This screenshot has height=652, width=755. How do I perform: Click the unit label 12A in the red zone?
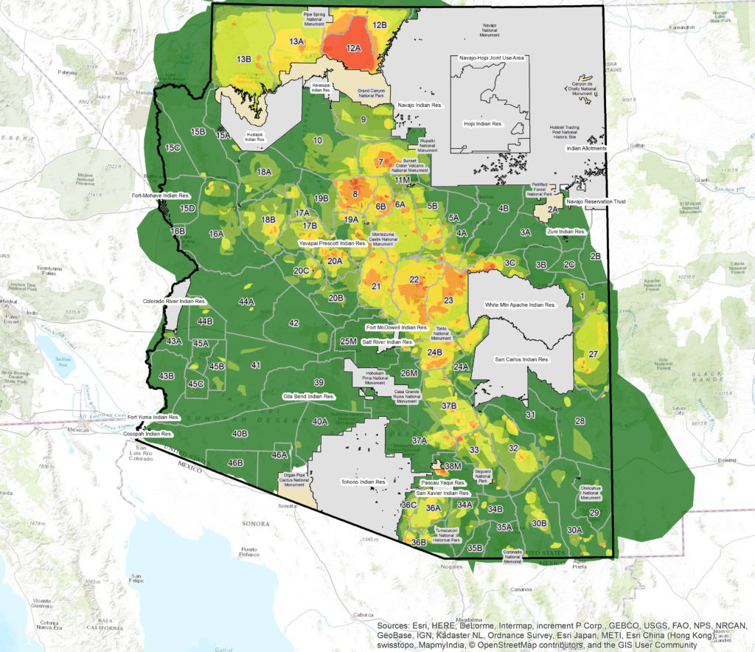[x=354, y=48]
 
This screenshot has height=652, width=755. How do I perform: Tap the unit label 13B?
[x=243, y=58]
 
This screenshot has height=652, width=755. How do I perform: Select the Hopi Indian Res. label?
[x=484, y=124]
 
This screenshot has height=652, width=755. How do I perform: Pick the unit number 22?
[x=414, y=280]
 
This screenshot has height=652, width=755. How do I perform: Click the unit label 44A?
[x=246, y=302]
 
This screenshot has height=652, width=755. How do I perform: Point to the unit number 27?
[x=592, y=354]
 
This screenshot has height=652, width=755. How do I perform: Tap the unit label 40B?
[x=240, y=434]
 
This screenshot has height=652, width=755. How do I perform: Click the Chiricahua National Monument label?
[x=591, y=493]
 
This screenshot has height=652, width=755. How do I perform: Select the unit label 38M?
[x=452, y=466]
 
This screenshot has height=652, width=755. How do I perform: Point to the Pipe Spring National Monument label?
[x=321, y=17]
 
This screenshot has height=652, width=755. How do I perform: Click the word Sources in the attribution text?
[x=396, y=625]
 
